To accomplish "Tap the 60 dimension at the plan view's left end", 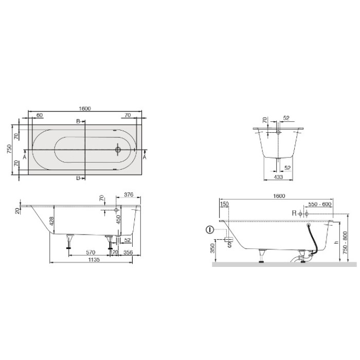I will click(39, 115).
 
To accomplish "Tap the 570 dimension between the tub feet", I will click(90, 253).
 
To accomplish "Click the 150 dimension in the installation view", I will click(224, 204).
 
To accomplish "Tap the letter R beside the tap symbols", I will click(294, 213).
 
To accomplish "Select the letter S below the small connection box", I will click(229, 245).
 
